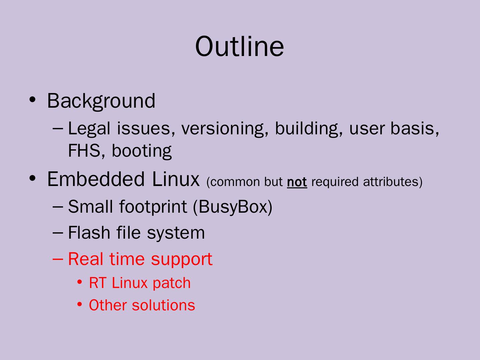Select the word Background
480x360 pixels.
point(101,100)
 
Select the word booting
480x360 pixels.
point(142,151)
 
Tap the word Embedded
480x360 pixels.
point(96,179)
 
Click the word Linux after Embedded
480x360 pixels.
point(176,179)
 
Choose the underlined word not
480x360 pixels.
point(297,182)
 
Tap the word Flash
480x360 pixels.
point(89,232)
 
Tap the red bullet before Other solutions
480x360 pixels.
point(79,304)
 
